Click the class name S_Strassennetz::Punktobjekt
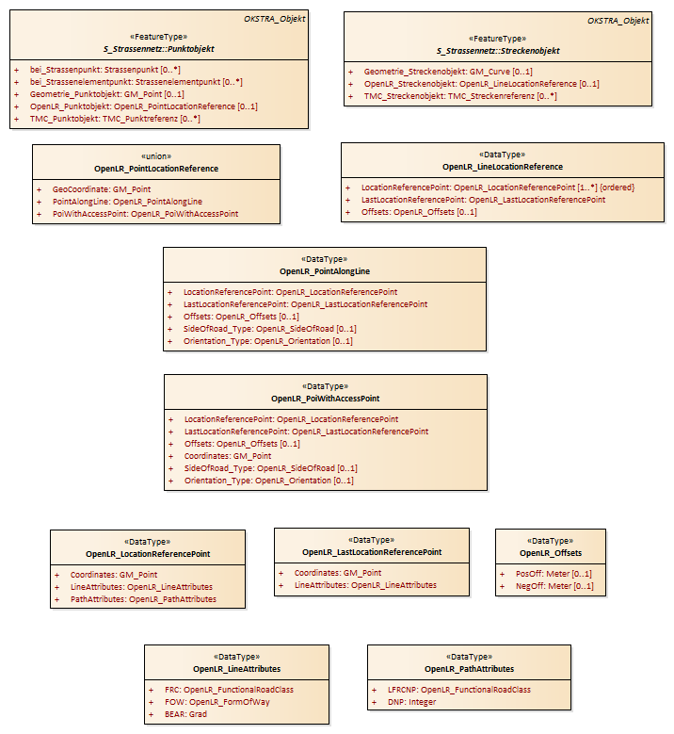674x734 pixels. pos(158,49)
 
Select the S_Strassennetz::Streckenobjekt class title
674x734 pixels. pos(498,51)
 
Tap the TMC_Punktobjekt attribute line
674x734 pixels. pos(115,119)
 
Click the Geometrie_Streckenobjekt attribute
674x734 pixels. pos(448,72)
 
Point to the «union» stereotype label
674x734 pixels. pos(156,156)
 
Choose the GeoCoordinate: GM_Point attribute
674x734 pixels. pos(102,189)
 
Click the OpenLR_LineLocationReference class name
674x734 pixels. pos(503,167)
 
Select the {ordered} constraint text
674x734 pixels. pos(617,188)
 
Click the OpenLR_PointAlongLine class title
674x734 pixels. pos(325,271)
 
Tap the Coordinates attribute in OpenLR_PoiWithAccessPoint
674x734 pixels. pos(228,456)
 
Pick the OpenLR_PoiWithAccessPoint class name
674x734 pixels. pos(326,399)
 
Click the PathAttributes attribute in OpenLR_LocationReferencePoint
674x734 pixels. pos(144,599)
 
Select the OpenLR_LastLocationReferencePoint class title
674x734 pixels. pos(372,552)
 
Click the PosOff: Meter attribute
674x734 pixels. pos(554,574)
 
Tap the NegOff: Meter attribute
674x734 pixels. pos(554,586)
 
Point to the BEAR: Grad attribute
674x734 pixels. pos(185,714)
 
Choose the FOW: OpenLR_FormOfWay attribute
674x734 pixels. pos(217,702)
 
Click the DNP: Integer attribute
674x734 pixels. pos(412,702)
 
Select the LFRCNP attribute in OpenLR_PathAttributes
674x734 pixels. pos(459,690)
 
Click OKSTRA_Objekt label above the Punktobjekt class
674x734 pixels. pos(275,19)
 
